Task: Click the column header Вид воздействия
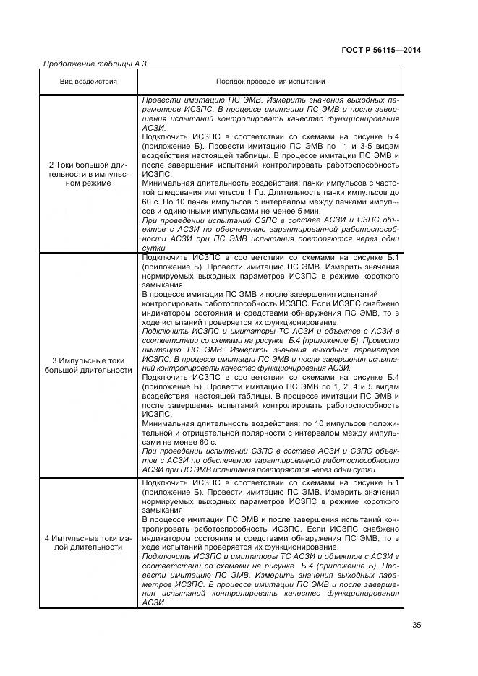pyautogui.click(x=88, y=82)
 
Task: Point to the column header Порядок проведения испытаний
pyautogui.click(x=270, y=82)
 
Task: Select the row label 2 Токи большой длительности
pyautogui.click(x=88, y=174)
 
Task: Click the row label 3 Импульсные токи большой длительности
pyautogui.click(x=88, y=365)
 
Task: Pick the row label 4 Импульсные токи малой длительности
pyautogui.click(x=88, y=542)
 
